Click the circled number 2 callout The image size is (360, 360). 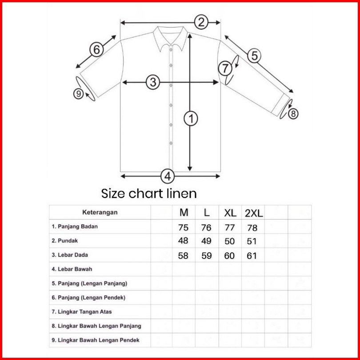pos(201,22)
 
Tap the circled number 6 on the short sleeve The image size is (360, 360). pos(96,50)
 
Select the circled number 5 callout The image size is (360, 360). pos(254,56)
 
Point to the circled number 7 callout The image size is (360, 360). pos(225,68)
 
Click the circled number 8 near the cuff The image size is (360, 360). pos(293,114)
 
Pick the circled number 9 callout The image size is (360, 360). pos(79,94)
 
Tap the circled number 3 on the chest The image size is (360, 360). pos(153,82)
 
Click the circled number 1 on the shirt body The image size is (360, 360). pos(191,119)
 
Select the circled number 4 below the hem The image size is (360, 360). pos(168,176)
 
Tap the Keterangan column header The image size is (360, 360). pos(100,212)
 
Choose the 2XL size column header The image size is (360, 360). pos(254,213)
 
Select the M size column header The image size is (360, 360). pos(184,212)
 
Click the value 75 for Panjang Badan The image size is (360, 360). pos(183,228)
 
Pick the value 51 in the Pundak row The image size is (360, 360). pos(252,241)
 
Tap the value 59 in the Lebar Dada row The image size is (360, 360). pos(206,256)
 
